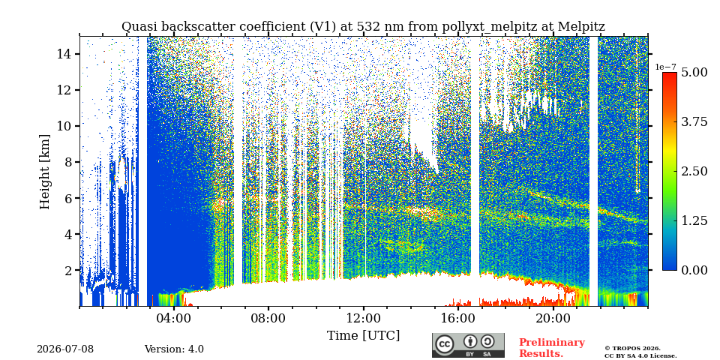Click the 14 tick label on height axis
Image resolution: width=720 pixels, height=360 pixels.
(x=66, y=54)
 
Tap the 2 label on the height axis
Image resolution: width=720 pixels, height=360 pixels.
(x=70, y=270)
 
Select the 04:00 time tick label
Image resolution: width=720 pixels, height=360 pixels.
(x=173, y=318)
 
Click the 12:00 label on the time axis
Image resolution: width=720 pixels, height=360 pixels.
(x=363, y=318)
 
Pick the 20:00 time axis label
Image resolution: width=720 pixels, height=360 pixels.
(x=553, y=318)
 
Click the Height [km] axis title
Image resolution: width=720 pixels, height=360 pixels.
(x=44, y=172)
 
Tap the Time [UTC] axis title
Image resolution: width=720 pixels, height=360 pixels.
(x=363, y=336)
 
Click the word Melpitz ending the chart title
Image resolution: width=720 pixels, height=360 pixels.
(x=581, y=27)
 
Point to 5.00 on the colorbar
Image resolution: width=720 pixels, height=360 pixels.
(x=693, y=73)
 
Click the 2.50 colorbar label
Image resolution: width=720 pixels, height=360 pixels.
(x=693, y=171)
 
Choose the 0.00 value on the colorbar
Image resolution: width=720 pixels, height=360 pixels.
(x=693, y=270)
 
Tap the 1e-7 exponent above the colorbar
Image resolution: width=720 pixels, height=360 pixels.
(x=666, y=67)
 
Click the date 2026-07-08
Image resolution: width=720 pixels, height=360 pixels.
(x=65, y=349)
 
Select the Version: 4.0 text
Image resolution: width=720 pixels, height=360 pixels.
(x=174, y=349)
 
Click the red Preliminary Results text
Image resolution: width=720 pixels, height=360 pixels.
(x=552, y=348)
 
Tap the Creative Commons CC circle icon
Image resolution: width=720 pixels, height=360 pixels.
(x=445, y=344)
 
